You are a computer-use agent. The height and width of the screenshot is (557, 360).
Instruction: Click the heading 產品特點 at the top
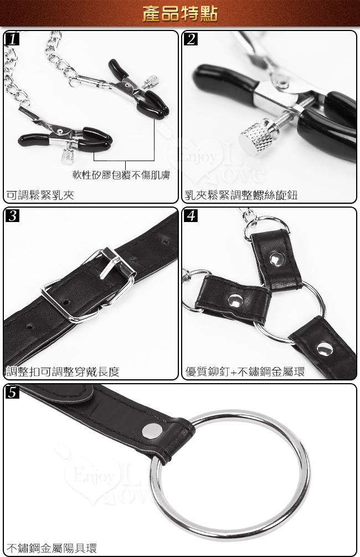point(180,13)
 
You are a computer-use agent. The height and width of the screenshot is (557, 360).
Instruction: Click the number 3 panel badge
point(12,215)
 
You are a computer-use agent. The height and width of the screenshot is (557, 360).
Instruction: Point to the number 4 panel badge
point(191,215)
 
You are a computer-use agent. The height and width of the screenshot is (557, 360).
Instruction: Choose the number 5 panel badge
point(12,392)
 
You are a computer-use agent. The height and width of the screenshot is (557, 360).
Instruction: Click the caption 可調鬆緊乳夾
point(40,195)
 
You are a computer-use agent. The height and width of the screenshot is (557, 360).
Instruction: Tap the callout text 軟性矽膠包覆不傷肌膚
point(121,175)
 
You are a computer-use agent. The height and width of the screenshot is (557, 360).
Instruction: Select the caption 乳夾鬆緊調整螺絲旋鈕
point(241,195)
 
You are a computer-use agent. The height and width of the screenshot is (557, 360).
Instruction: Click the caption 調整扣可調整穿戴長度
point(63,372)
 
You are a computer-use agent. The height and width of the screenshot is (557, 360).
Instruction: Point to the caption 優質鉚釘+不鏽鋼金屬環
point(245,372)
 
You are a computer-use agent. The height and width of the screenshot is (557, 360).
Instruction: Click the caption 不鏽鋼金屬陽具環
point(52,548)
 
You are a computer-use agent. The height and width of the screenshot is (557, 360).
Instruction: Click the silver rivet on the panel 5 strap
point(152,431)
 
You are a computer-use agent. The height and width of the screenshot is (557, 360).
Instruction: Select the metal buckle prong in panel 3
point(110,263)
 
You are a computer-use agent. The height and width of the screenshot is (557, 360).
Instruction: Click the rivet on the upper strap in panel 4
point(276,259)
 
